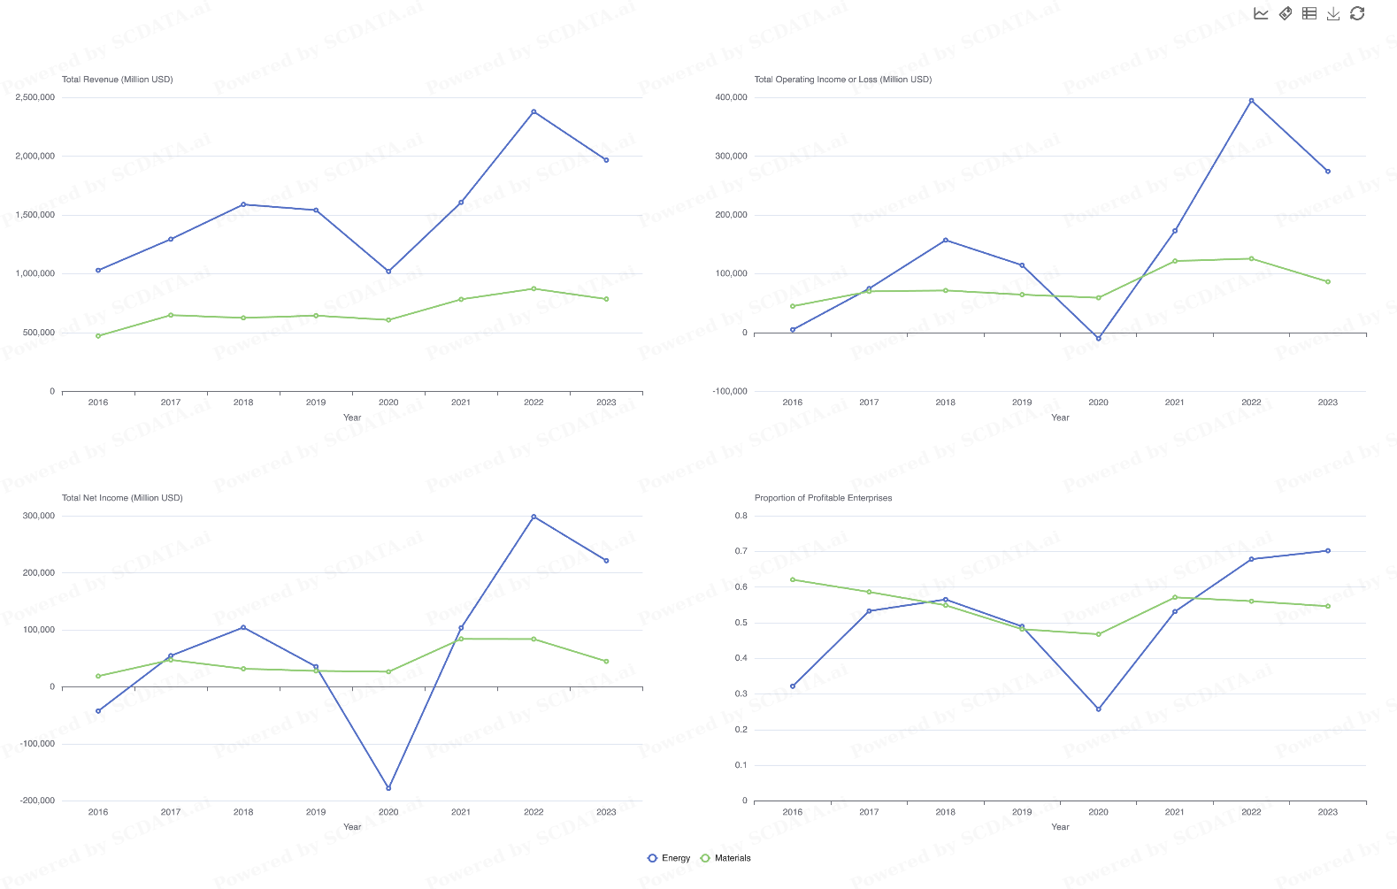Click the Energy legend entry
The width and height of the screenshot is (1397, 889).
pos(669,858)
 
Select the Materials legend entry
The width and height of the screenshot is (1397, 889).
pos(725,858)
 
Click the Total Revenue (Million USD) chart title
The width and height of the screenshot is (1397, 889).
pos(118,80)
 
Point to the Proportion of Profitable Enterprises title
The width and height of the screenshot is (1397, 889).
pos(823,498)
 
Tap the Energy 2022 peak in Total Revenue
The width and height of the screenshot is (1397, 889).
pos(533,111)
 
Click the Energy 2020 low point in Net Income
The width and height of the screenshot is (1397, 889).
pos(388,788)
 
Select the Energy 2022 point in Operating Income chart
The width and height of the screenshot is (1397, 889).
pos(1251,101)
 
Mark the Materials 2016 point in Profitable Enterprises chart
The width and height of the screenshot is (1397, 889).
pos(793,580)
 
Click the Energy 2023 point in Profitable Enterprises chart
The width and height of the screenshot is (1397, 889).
pos(1328,551)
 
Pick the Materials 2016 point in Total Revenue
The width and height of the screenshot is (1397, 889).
pos(98,336)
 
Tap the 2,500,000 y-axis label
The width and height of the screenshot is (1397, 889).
pos(35,97)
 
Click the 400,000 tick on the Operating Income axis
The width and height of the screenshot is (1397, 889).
pos(731,97)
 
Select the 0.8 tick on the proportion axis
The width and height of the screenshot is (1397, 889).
pos(741,516)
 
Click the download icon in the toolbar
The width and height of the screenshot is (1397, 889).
pos(1333,13)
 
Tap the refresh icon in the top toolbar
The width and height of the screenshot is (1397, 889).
pos(1357,13)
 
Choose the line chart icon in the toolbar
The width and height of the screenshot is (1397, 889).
pos(1261,13)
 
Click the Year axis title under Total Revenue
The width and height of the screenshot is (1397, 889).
pos(352,418)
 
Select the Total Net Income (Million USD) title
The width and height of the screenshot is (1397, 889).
pos(122,498)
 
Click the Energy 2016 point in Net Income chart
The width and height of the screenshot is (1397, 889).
pos(98,711)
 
